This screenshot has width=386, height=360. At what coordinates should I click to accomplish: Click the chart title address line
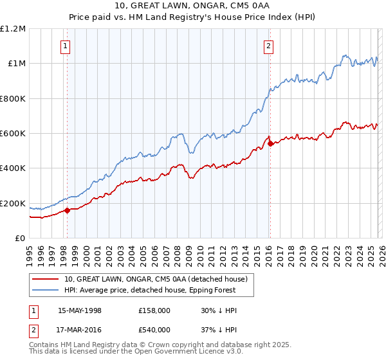[x=192, y=6]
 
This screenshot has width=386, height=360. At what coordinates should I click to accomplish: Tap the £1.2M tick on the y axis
[x=13, y=28]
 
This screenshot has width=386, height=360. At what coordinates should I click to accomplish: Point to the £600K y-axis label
[x=13, y=134]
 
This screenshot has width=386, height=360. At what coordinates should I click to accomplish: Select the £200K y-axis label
[x=13, y=203]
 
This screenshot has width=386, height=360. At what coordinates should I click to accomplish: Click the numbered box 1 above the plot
[x=66, y=46]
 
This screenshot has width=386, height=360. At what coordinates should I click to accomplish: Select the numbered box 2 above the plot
[x=268, y=46]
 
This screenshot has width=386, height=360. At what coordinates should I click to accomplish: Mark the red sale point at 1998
[x=67, y=210]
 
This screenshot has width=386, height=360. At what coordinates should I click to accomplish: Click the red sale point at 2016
[x=270, y=143]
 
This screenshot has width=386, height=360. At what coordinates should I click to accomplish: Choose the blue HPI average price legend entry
[x=150, y=290]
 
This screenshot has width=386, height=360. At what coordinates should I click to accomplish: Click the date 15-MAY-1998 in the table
[x=80, y=310]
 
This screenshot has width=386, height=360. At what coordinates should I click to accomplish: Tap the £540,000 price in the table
[x=154, y=330]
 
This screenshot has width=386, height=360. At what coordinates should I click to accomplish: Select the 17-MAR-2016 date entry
[x=80, y=330]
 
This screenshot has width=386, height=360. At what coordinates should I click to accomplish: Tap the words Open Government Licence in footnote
[x=174, y=353]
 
